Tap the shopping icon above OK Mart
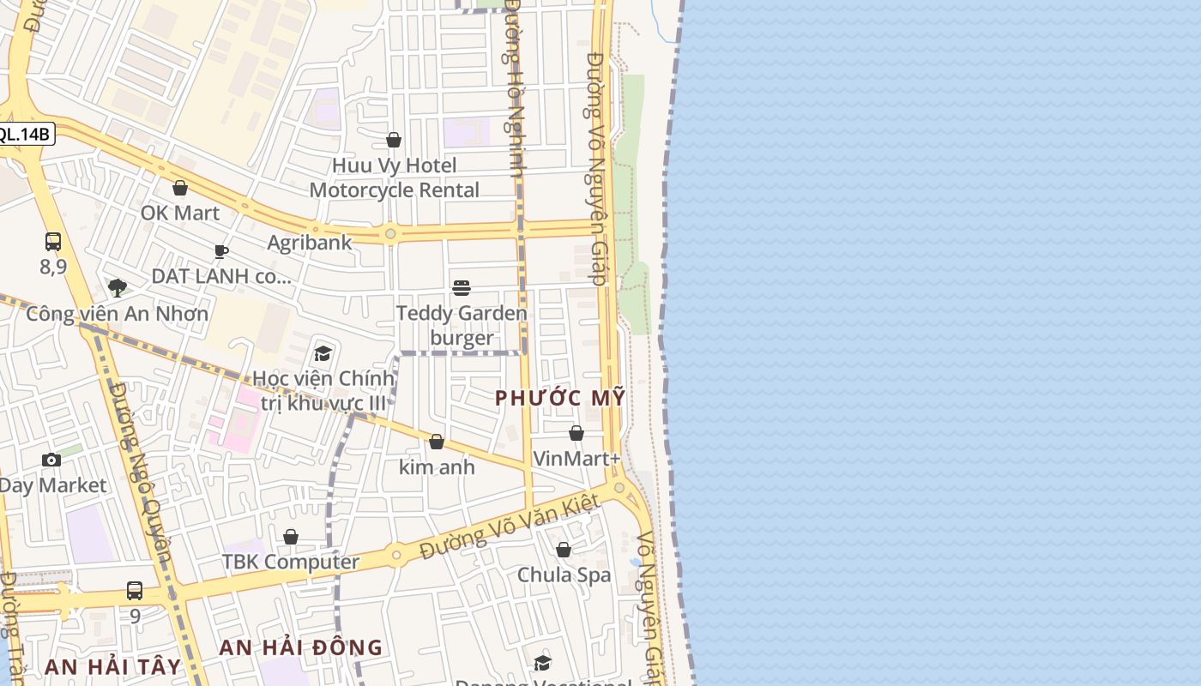point(180,188)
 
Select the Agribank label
point(309,243)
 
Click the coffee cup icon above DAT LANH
point(221,251)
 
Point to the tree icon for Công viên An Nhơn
point(117,288)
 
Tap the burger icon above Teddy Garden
point(462,287)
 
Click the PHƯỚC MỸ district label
point(560,398)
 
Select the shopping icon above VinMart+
point(576,433)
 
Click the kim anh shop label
point(437,467)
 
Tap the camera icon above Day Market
point(51,460)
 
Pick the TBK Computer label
point(290,562)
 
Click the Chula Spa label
point(564,575)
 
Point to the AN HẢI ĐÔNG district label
point(300,647)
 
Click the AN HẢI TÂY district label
point(112,666)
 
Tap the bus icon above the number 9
point(135,590)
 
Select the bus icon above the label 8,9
point(53,242)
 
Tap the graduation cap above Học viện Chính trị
point(323,353)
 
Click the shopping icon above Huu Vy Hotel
point(394,140)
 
